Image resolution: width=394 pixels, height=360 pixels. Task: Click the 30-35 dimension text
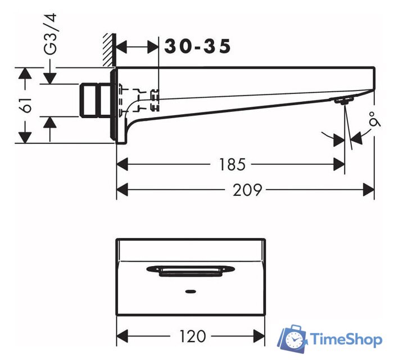197,46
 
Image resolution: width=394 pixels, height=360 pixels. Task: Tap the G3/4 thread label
50,34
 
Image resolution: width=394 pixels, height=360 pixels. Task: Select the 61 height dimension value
26,105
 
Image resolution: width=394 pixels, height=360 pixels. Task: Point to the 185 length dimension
232,165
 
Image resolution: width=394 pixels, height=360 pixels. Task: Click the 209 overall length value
247,190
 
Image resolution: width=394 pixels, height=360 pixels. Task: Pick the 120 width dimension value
193,336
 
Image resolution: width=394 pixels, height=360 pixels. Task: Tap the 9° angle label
374,119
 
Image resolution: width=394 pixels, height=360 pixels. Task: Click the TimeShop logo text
347,340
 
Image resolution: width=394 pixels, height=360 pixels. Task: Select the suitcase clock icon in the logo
292,339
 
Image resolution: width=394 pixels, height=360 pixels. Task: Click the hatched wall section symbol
109,50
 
